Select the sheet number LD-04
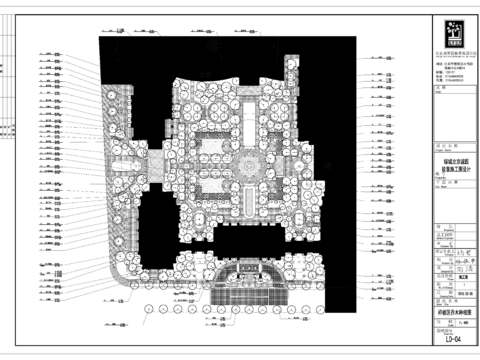[x=452, y=341]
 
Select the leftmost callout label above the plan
[x=120, y=31]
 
